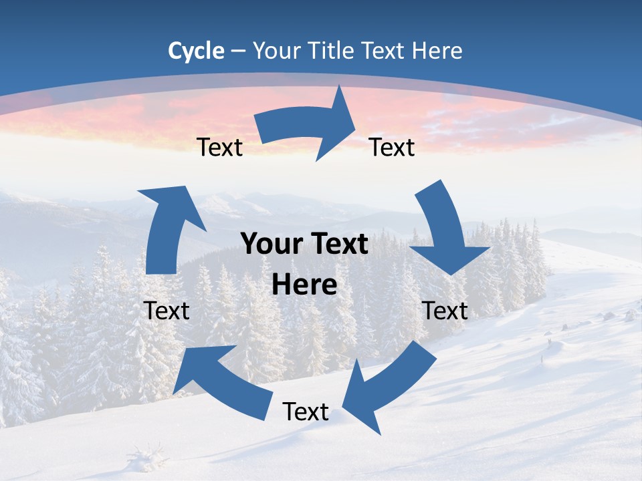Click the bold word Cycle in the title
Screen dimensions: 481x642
click(196, 50)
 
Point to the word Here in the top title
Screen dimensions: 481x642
click(438, 50)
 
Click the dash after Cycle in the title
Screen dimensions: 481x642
click(238, 51)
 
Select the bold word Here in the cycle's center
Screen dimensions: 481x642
click(304, 285)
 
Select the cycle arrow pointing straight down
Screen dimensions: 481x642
click(446, 230)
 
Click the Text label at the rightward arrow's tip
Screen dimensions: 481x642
click(392, 147)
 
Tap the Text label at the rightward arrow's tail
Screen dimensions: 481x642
click(220, 147)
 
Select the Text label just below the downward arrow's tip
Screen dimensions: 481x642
click(445, 311)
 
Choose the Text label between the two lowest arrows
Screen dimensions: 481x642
click(306, 412)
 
